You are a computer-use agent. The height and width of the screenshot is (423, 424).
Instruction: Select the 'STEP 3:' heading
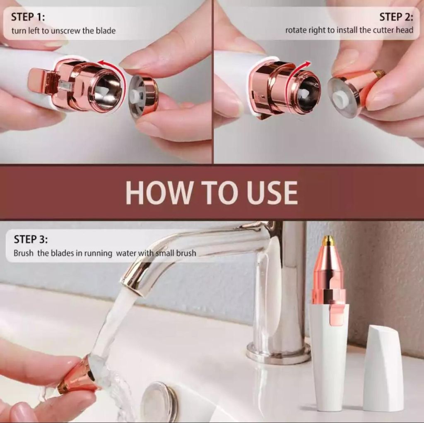coord(31,239)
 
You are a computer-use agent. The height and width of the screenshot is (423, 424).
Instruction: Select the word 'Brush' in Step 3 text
coord(24,253)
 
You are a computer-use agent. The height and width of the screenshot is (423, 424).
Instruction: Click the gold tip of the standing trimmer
coord(328,240)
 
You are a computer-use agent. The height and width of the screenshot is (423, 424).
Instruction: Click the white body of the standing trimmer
coord(329,364)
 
